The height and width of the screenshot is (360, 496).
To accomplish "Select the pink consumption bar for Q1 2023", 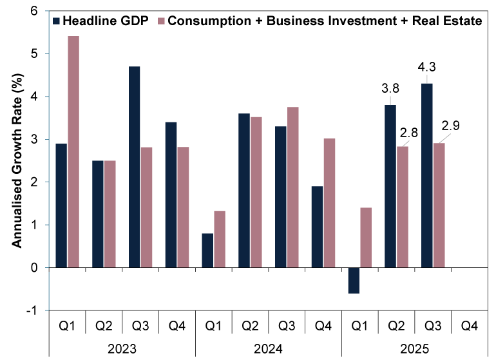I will [73, 151].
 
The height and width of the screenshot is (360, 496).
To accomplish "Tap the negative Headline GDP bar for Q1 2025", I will [354, 280].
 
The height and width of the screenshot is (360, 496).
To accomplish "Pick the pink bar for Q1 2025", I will [366, 237].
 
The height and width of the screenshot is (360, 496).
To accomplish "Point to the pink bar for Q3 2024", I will [293, 187].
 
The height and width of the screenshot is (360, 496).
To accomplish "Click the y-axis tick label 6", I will [33, 11].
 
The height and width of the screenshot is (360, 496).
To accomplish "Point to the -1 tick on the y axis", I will [30, 310].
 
